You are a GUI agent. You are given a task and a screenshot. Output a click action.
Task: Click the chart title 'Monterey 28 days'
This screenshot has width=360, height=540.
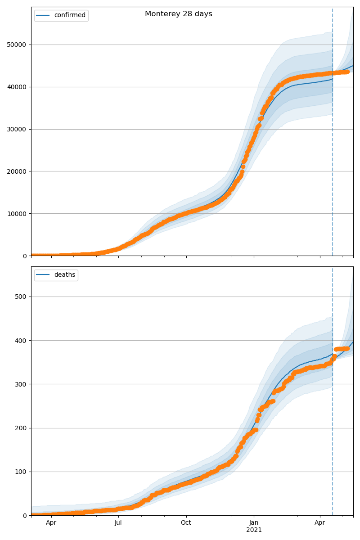click(x=178, y=14)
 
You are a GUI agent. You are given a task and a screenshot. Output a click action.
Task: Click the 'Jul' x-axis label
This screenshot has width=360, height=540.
click(x=118, y=523)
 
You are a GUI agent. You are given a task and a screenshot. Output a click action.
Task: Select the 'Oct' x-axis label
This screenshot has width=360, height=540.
click(x=186, y=523)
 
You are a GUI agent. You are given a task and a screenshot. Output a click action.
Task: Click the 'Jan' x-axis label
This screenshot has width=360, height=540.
click(x=254, y=523)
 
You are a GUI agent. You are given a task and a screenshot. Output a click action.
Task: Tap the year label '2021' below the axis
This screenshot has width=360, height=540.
click(x=254, y=530)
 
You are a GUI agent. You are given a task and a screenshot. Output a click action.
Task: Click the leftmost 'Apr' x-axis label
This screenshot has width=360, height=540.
click(x=51, y=523)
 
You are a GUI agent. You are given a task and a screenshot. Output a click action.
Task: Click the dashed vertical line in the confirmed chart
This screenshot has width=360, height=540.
click(x=333, y=135)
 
